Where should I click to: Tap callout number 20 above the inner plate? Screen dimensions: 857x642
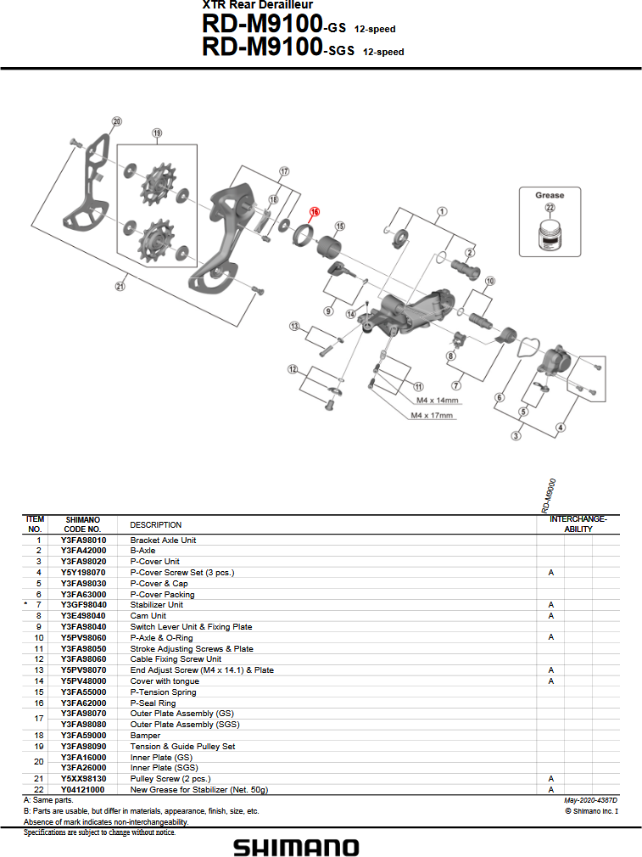(117, 120)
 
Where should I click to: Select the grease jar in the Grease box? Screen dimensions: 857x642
(549, 232)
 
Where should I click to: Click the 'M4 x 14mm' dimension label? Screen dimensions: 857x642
(438, 400)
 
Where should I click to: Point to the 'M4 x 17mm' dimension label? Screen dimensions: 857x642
(433, 416)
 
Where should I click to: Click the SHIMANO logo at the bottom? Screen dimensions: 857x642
(296, 847)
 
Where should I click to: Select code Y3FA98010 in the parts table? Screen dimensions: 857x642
(83, 540)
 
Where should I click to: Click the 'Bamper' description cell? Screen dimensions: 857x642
(145, 736)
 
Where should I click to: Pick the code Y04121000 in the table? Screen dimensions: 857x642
(83, 789)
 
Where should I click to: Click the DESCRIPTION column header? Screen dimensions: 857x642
(155, 524)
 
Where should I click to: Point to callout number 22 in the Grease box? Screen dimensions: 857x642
(550, 208)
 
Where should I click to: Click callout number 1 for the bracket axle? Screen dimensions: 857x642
(442, 210)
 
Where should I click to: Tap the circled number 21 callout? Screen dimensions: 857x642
(120, 286)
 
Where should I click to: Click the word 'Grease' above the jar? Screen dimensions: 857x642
(550, 195)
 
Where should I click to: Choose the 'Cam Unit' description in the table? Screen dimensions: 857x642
(148, 616)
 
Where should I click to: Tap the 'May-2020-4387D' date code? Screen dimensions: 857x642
(590, 800)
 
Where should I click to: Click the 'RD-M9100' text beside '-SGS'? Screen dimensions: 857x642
(263, 48)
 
